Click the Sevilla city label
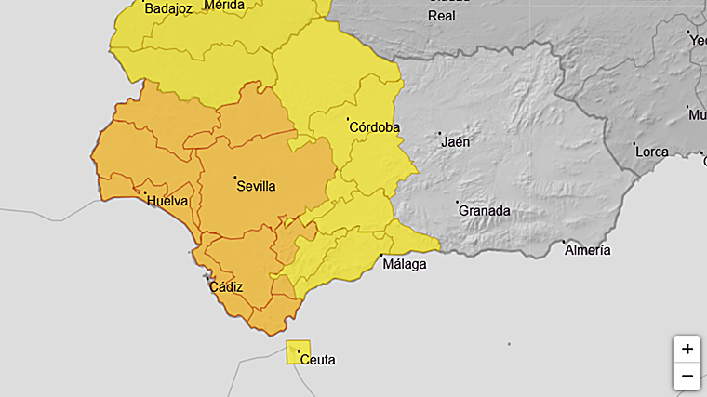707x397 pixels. pyautogui.click(x=257, y=186)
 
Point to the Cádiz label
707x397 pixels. pyautogui.click(x=226, y=287)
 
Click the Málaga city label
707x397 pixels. pyautogui.click(x=405, y=264)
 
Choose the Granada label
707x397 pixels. pyautogui.click(x=485, y=211)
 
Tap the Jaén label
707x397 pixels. pyautogui.click(x=456, y=142)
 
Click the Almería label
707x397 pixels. pyautogui.click(x=587, y=250)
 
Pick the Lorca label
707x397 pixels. pyautogui.click(x=652, y=152)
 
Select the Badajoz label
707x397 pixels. pyautogui.click(x=168, y=9)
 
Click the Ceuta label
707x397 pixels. pyautogui.click(x=318, y=360)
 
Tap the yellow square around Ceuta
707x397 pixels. pyautogui.click(x=299, y=352)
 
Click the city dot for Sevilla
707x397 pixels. pyautogui.click(x=235, y=177)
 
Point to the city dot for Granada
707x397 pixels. pyautogui.click(x=457, y=202)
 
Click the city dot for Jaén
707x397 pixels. pyautogui.click(x=440, y=133)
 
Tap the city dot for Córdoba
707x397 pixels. pyautogui.click(x=348, y=119)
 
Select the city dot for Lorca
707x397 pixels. pyautogui.click(x=634, y=144)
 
